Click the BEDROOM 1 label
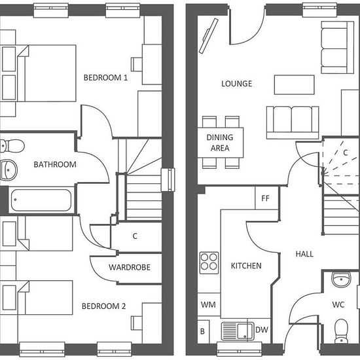tap(105, 78)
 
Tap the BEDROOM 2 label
tap(104, 306)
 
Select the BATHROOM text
tap(55, 164)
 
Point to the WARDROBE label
tap(130, 267)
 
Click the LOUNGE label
tap(237, 84)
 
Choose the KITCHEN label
tap(246, 266)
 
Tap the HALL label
tap(304, 254)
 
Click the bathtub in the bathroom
tap(41, 200)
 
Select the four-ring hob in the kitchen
tap(209, 263)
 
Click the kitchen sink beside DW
tap(238, 331)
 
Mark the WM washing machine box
tap(209, 304)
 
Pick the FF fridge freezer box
tap(266, 198)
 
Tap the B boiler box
tap(204, 332)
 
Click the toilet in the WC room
tap(342, 331)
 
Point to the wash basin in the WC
tap(342, 279)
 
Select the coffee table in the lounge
tap(295, 84)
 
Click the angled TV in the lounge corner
tap(208, 36)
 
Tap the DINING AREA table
tap(221, 143)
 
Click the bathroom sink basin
tap(9, 170)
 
